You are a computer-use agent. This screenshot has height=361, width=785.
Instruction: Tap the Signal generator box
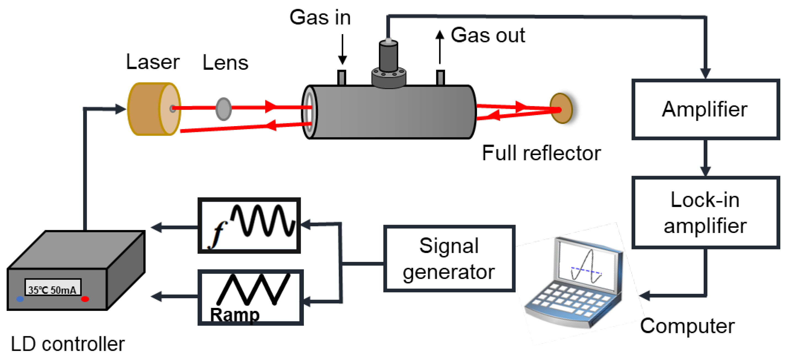click(449, 259)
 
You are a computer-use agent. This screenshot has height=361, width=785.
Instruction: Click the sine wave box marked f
click(249, 226)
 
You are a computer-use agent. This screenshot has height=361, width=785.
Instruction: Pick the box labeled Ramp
click(250, 297)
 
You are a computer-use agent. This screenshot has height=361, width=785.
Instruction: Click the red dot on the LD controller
click(85, 299)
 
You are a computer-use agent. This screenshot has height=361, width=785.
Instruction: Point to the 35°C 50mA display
click(53, 287)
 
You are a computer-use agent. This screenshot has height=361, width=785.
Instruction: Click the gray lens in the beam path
click(223, 109)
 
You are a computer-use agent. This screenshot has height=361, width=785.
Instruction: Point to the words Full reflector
click(541, 153)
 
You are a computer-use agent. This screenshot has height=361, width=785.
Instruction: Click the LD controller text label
click(68, 344)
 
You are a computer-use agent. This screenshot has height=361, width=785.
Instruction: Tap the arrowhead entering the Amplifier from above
click(706, 73)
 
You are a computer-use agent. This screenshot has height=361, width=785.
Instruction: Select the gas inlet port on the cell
click(342, 78)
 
